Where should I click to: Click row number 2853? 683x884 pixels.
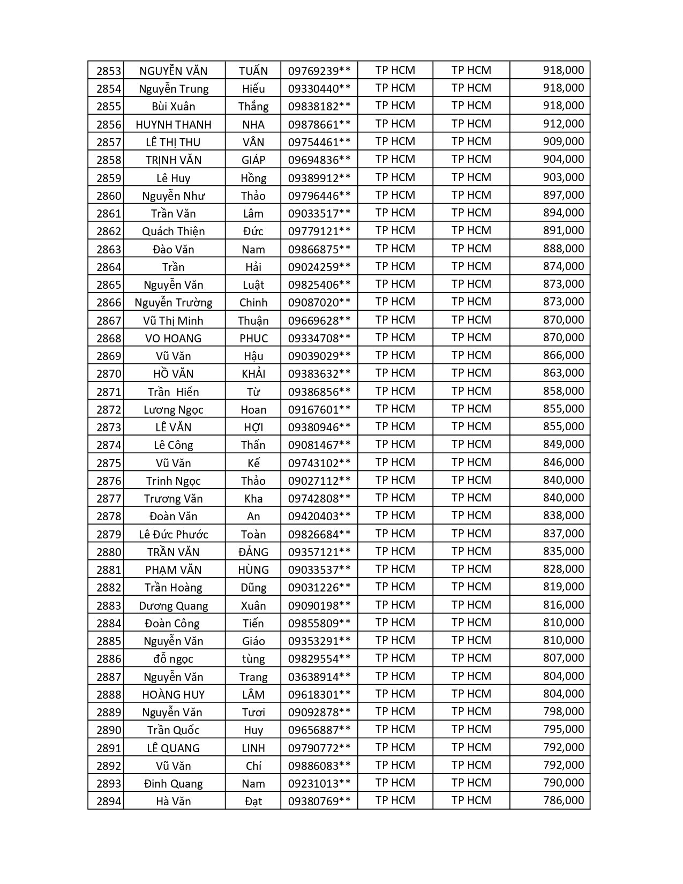coord(109,71)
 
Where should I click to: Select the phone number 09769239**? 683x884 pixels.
coord(319,71)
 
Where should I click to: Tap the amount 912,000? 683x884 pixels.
coord(563,124)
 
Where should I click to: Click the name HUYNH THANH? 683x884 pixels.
coord(174,125)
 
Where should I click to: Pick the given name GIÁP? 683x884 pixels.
coord(253,160)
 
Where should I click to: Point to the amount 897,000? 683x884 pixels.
coord(563,195)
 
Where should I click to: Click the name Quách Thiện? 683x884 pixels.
coord(174,231)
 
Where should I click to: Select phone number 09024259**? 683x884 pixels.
coord(319,267)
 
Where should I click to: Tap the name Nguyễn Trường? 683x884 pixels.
coord(174,303)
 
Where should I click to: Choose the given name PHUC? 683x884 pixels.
coord(253,339)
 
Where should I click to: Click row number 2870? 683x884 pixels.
coord(109,374)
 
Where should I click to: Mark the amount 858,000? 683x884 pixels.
coord(563,391)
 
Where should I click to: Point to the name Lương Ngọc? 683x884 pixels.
coord(174,410)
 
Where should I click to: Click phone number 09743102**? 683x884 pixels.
coord(319,463)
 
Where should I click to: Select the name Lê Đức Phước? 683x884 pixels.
coord(174,534)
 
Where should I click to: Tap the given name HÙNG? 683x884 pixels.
coord(253,570)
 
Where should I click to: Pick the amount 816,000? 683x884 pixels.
coord(563,605)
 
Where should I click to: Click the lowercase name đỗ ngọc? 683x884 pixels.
coord(174,659)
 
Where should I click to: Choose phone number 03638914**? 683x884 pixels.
coord(319,677)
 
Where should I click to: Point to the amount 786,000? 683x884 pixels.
coord(563,800)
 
